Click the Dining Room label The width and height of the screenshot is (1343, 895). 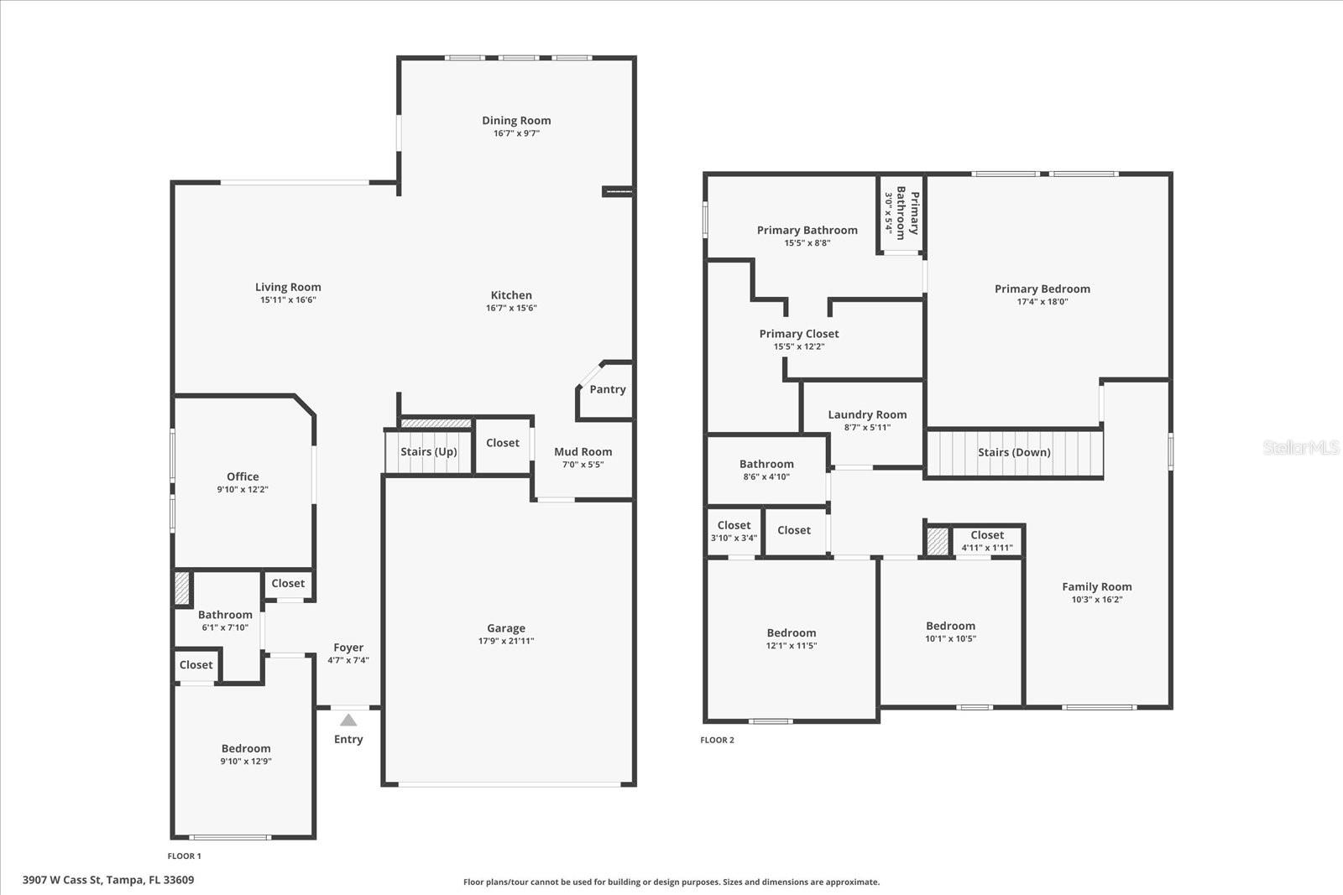point(516,121)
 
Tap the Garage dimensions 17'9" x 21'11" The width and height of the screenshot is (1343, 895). point(506,641)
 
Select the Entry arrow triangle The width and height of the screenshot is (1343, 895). point(348,720)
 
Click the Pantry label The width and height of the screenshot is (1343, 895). point(607,389)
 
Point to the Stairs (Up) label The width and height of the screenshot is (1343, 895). point(428,451)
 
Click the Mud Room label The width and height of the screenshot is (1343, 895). point(583,451)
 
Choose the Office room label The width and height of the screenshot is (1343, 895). point(243,476)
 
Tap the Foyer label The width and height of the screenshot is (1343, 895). point(348,648)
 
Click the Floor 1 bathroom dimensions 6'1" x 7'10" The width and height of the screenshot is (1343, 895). point(225,627)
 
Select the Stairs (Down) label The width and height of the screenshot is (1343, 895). point(1014,452)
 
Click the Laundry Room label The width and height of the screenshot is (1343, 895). point(867,414)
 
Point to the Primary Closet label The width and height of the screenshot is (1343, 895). point(799,334)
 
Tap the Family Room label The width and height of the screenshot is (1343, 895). point(1096,587)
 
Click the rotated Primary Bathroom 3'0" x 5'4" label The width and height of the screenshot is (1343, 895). point(901,213)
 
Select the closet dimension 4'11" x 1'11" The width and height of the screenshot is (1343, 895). point(987,548)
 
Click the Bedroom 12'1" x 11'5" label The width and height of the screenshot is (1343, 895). point(791,633)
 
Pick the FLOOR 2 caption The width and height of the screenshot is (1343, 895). point(717,740)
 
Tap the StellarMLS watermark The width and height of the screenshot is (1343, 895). point(1300,448)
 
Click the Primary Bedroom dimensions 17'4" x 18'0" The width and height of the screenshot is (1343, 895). point(1042,302)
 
